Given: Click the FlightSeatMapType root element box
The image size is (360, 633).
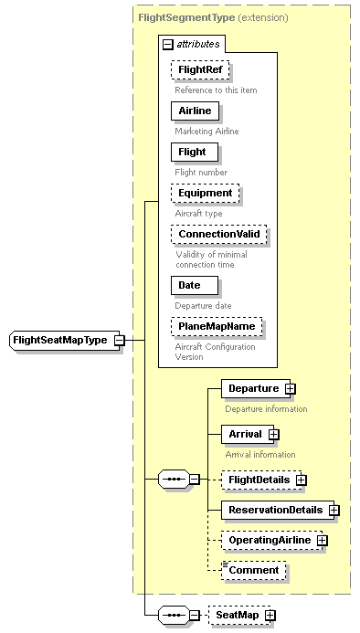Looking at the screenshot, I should [60, 341].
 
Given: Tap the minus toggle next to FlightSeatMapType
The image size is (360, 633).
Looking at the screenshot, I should [120, 341].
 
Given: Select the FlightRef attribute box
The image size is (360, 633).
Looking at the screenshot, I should [199, 69].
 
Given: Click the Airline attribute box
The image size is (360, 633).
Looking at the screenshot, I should [194, 111].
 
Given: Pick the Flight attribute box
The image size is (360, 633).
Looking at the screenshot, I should [192, 152].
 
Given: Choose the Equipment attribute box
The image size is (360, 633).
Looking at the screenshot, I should [205, 193].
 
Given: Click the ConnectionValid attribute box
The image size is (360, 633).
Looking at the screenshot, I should [219, 234].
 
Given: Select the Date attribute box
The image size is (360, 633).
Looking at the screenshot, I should [189, 285].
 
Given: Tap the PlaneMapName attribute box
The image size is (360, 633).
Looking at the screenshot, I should [216, 326].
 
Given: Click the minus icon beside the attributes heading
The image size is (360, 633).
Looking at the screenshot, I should [167, 43].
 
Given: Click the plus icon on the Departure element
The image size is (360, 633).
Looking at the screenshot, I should [290, 388].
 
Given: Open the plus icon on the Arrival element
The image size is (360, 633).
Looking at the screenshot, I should [273, 434].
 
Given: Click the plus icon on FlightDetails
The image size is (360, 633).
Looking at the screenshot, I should [301, 480].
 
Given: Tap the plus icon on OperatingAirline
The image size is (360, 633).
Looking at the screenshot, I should [322, 541].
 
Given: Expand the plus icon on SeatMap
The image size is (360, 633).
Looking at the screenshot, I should [270, 616].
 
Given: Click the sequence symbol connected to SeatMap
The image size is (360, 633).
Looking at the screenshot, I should [173, 616].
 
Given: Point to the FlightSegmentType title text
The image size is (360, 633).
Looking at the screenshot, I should [185, 16].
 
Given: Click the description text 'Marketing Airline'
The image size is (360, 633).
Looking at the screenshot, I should [206, 131].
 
